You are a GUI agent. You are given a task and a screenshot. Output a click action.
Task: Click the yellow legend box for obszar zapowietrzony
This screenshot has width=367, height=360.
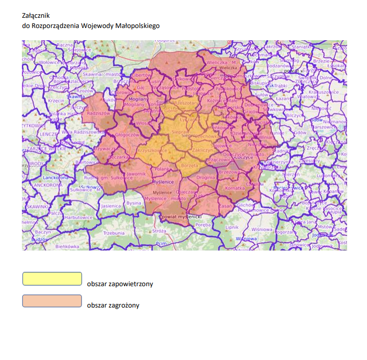pyautogui.click(x=52, y=279)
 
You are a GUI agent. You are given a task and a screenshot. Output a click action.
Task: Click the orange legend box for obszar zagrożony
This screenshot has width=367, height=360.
pyautogui.click(x=52, y=301)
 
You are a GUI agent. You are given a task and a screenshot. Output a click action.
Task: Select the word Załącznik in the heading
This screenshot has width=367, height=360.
pyautogui.click(x=36, y=17)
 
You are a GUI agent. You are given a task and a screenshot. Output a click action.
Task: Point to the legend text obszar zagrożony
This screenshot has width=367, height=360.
pyautogui.click(x=113, y=306)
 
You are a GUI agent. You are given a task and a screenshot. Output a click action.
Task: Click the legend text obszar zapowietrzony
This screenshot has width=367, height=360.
pyautogui.click(x=120, y=284)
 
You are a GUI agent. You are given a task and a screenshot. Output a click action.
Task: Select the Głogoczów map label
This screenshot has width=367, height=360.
pyautogui.click(x=127, y=135)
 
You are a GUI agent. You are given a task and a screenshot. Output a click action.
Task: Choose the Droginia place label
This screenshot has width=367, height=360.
pyautogui.click(x=206, y=177)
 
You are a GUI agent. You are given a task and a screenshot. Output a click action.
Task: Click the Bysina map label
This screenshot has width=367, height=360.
pyautogui.click(x=134, y=203)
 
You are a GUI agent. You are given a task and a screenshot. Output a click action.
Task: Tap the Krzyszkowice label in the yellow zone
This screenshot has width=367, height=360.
pyautogui.click(x=152, y=151)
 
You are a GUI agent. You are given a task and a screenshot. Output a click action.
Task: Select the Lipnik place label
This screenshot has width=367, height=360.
pyautogui.click(x=232, y=227)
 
